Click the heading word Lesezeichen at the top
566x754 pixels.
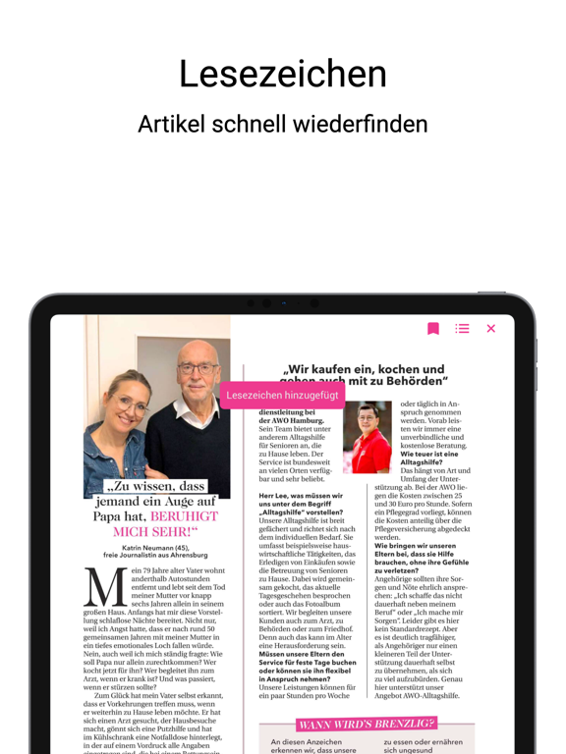pyautogui.click(x=283, y=76)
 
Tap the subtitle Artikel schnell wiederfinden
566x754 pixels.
pyautogui.click(x=283, y=125)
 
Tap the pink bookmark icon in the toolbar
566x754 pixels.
pyautogui.click(x=433, y=329)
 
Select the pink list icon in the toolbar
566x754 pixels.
pyautogui.click(x=462, y=329)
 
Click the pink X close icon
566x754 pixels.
pyautogui.click(x=491, y=329)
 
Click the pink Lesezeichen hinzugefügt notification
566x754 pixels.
pyautogui.click(x=282, y=395)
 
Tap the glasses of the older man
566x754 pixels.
pyautogui.click(x=198, y=369)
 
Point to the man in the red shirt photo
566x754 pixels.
pyautogui.click(x=367, y=437)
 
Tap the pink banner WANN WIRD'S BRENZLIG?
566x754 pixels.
pyautogui.click(x=366, y=724)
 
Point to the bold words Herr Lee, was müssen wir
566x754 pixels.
pyautogui.click(x=301, y=497)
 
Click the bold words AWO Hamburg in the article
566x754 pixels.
pyautogui.click(x=285, y=421)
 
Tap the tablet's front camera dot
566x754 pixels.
pyautogui.click(x=265, y=303)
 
